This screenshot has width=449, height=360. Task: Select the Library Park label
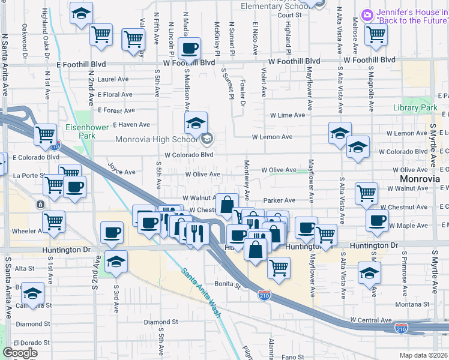coord(415,107)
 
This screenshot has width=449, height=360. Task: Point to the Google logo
coord(20,353)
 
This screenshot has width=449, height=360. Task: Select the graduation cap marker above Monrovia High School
coord(196,122)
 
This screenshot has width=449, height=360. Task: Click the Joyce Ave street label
coord(121,167)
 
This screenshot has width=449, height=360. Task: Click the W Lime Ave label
coord(289,115)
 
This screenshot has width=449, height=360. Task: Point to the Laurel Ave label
coord(113,79)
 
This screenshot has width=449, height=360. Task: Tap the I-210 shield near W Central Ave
coord(402,329)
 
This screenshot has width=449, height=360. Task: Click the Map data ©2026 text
coord(424,355)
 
